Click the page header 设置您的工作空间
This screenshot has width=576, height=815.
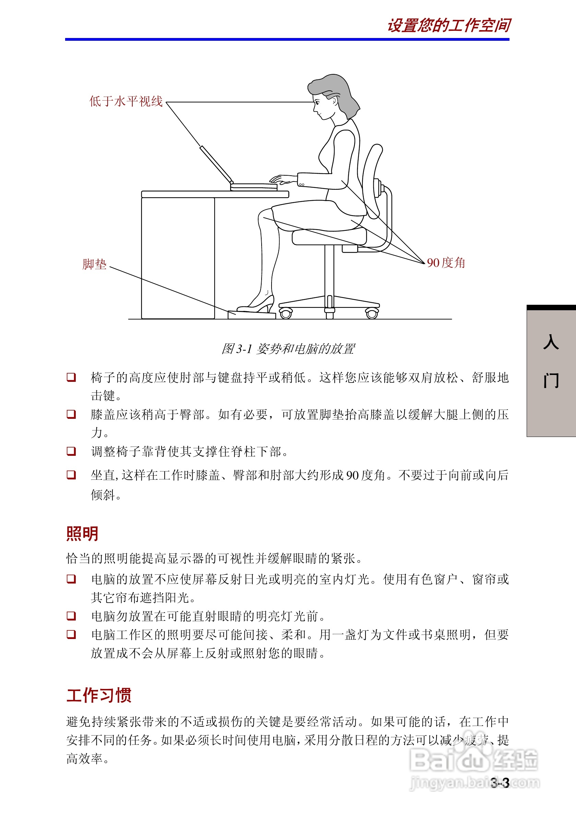coord(448,26)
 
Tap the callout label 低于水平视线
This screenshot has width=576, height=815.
coord(126,101)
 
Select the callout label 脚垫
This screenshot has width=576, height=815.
coord(94,264)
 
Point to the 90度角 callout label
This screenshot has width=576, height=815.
coord(446,263)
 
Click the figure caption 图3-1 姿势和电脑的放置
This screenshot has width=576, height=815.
coord(288,349)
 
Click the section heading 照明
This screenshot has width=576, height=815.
coord(82,534)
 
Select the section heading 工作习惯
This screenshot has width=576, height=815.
coord(99,695)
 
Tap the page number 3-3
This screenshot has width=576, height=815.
coord(500,782)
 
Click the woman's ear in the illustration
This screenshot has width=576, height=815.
coord(334,101)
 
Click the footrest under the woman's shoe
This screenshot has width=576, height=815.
coord(252,315)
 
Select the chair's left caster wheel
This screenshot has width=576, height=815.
coord(286,313)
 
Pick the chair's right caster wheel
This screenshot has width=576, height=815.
coord(372,313)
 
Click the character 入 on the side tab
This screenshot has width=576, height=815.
coord(551,342)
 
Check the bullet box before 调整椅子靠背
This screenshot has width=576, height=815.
coord(71,451)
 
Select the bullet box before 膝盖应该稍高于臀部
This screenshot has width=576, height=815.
coord(71,414)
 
